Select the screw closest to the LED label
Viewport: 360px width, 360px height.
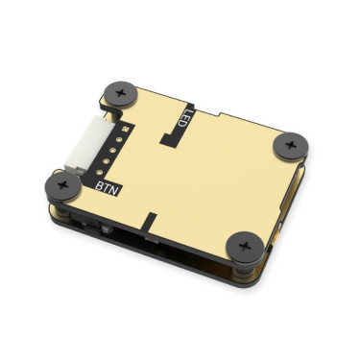coord(121,92)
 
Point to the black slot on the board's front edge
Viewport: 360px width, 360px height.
coord(150,221)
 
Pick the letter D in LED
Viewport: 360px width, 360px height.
coord(180,114)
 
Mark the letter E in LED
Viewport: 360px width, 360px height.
coord(186,121)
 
